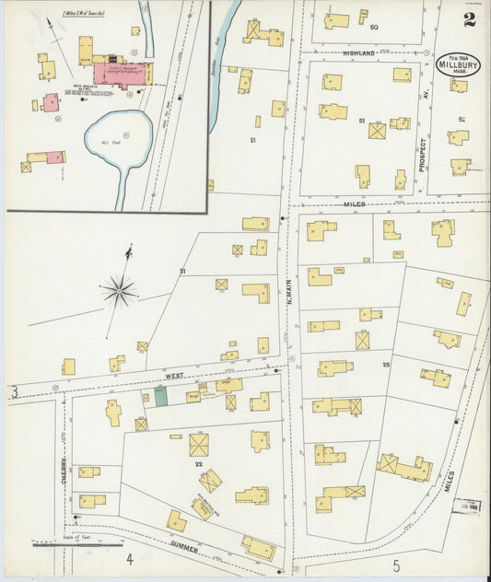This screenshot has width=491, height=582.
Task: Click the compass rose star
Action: [x=119, y=293]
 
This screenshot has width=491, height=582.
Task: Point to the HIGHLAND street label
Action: [x=357, y=54]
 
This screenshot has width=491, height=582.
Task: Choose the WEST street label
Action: [x=174, y=376]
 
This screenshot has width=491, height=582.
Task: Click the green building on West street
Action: [x=160, y=397]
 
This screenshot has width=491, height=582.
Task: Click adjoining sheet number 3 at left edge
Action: [x=14, y=393]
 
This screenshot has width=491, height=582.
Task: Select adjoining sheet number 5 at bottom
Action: [x=395, y=564]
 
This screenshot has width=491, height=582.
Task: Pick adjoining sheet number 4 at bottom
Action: [x=130, y=558]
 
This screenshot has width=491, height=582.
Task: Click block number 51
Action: [x=361, y=121]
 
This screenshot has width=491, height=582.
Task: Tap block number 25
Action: [x=386, y=366]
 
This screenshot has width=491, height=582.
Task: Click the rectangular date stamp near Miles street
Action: [x=466, y=506]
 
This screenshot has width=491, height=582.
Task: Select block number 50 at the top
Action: [x=374, y=27]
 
